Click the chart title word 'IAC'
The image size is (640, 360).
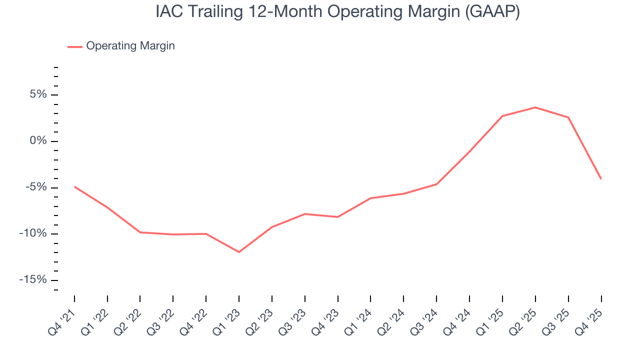coord(166,12)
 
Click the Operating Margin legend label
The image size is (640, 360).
coord(130,46)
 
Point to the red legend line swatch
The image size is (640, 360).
coord(75,46)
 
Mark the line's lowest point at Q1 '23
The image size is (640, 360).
coord(239,252)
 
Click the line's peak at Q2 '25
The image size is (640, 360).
coord(535,107)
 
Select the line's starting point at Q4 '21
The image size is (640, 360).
coord(74,186)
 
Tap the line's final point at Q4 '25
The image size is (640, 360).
coord(601,179)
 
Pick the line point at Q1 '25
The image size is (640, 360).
coord(502,116)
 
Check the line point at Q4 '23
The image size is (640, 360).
coord(338,217)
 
